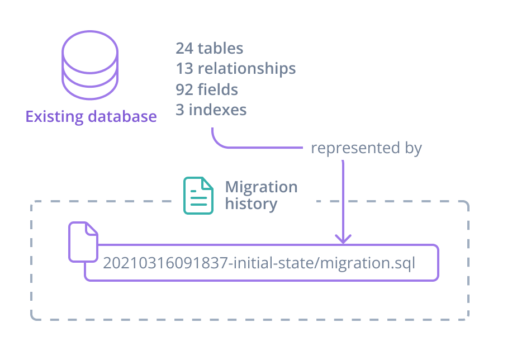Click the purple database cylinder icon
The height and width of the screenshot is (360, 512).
pos(90,66)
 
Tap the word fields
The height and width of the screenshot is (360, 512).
pos(217,89)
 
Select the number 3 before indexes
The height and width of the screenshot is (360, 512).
pos(180,110)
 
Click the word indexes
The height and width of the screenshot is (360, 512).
pos(217,110)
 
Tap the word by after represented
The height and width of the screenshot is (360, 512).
pos(413,149)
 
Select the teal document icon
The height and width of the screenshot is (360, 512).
pos(198,196)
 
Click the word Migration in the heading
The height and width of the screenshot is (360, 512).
pos(261,187)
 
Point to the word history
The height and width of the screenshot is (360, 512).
pos(251,204)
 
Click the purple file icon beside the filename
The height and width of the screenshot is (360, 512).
pos(83,241)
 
